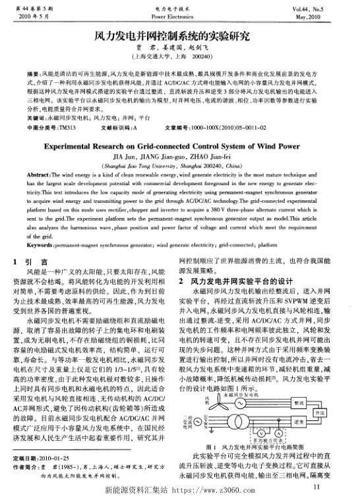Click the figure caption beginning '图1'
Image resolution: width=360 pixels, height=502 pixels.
click(254, 447)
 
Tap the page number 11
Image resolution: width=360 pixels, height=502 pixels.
click(316, 486)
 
